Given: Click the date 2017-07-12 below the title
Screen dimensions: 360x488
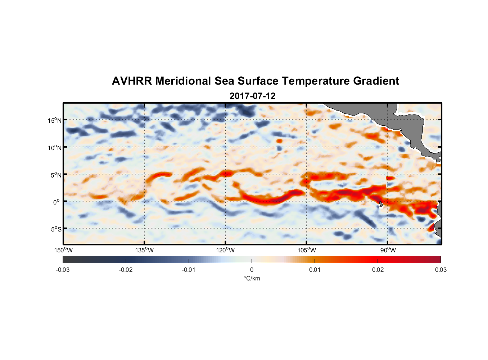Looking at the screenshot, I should click(x=252, y=96).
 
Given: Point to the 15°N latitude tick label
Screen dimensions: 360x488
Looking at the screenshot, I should click(x=55, y=120).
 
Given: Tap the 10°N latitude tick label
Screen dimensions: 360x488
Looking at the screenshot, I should click(x=55, y=148).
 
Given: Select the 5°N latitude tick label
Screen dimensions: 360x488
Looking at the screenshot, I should click(x=56, y=175).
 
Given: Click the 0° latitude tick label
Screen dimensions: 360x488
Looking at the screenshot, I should click(x=57, y=202).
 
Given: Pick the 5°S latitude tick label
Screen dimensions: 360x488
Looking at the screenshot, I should click(x=56, y=229).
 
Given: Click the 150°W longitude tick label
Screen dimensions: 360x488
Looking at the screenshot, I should click(x=63, y=251).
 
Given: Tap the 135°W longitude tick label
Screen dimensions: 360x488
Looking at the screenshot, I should click(x=144, y=251).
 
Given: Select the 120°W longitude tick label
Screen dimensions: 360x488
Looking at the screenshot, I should click(x=225, y=251).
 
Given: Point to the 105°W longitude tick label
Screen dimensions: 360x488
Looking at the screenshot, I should click(x=307, y=251).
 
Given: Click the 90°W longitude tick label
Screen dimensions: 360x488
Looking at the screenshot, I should click(x=388, y=251).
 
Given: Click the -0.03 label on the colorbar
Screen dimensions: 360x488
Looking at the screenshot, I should click(x=63, y=270).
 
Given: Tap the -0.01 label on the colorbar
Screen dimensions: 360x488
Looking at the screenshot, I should click(x=189, y=270).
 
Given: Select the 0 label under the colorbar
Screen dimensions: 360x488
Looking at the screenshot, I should click(x=252, y=270).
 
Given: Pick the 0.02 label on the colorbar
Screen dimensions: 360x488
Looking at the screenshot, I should click(x=378, y=270).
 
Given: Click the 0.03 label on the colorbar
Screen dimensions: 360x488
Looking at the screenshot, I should click(x=440, y=270).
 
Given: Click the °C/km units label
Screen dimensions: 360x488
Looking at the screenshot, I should click(x=252, y=278).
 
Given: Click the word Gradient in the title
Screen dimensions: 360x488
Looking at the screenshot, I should click(x=376, y=81).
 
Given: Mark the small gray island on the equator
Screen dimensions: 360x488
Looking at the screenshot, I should click(x=380, y=204).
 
